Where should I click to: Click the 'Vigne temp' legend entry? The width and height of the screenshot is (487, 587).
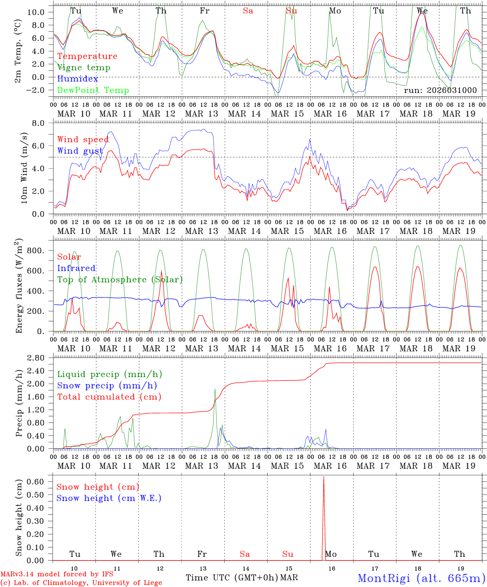coord(84,68)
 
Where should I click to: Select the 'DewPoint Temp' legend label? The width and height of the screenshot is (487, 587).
coord(93,90)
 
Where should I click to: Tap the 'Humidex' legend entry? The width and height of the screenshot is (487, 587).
coord(77,79)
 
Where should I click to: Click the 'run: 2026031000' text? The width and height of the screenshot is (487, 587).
coord(440,90)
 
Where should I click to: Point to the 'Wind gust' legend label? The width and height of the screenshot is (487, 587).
coord(80,151)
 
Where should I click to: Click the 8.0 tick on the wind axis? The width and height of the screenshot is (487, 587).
coord(43,123)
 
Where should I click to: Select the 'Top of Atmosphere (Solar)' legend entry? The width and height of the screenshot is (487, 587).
coord(120,280)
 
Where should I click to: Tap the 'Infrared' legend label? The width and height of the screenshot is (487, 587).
coord(76,268)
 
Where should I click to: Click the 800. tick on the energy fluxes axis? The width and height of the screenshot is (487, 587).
coord(40,251)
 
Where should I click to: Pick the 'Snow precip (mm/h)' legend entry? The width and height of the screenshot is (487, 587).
coord(107,386)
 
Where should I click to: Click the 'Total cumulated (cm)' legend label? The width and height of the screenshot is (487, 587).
coord(109,397)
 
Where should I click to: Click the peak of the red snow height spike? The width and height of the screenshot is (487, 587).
coord(324,477)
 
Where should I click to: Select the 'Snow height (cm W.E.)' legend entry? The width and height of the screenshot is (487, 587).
coord(109,498)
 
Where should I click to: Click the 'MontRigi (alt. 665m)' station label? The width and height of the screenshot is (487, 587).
coord(421,578)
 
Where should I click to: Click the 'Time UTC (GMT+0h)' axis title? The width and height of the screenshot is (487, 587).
coord(232,578)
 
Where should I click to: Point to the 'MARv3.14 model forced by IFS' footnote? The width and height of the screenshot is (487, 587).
coord(57,574)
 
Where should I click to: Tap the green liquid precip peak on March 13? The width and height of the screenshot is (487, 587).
coord(215,389)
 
